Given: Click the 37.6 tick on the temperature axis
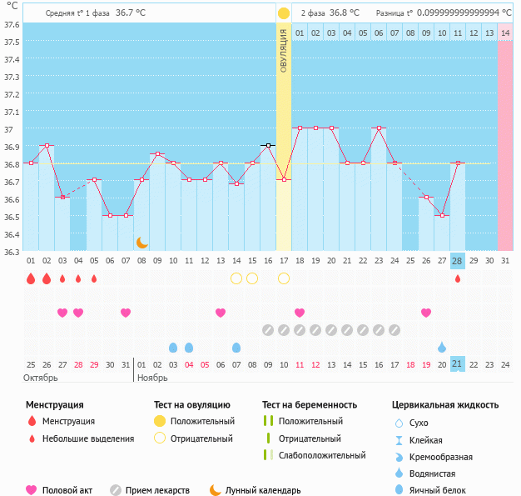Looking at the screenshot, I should click(x=11, y=24).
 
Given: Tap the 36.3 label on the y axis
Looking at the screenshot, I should click(x=11, y=251).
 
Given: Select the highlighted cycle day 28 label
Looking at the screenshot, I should click(x=457, y=261).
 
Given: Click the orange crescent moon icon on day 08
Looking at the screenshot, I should click(x=142, y=243).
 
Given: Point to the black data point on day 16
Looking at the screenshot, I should click(x=268, y=146).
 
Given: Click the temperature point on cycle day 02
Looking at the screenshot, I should click(x=47, y=146).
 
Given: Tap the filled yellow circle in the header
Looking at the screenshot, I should click(x=284, y=13).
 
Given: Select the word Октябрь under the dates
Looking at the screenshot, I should click(x=41, y=378).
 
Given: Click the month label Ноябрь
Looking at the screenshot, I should click(x=152, y=378).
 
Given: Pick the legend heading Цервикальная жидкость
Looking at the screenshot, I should click(x=445, y=405).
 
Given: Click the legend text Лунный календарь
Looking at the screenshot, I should click(x=263, y=491).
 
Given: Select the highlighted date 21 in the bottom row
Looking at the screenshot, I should click(x=457, y=364).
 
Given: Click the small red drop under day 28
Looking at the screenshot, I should click(x=457, y=278).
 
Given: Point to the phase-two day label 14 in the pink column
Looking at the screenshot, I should click(x=504, y=33).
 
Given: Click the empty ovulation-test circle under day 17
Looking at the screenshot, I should click(x=284, y=278).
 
